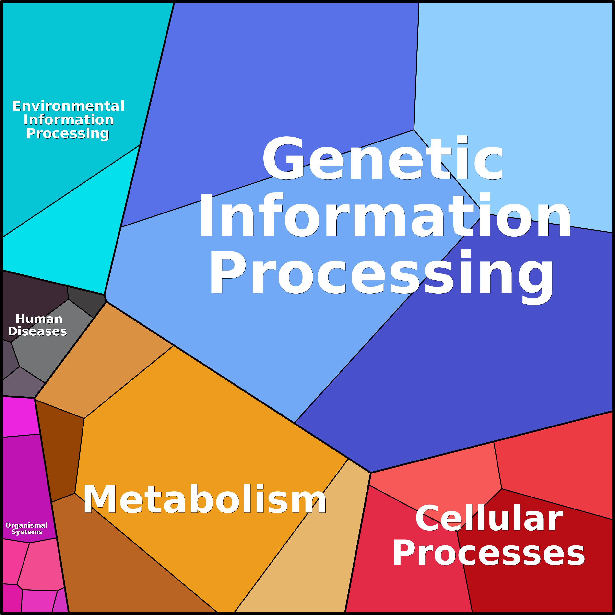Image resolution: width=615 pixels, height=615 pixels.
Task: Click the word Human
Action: [x=39, y=319]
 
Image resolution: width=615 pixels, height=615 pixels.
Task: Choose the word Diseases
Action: [x=37, y=331]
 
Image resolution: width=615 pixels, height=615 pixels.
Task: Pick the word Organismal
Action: [x=26, y=525]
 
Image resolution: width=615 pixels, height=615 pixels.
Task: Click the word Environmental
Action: [x=68, y=106]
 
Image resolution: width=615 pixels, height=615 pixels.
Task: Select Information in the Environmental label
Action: [x=69, y=120]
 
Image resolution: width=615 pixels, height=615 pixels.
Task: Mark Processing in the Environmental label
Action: [x=68, y=134]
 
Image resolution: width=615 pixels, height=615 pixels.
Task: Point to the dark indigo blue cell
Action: [x=477, y=366]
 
